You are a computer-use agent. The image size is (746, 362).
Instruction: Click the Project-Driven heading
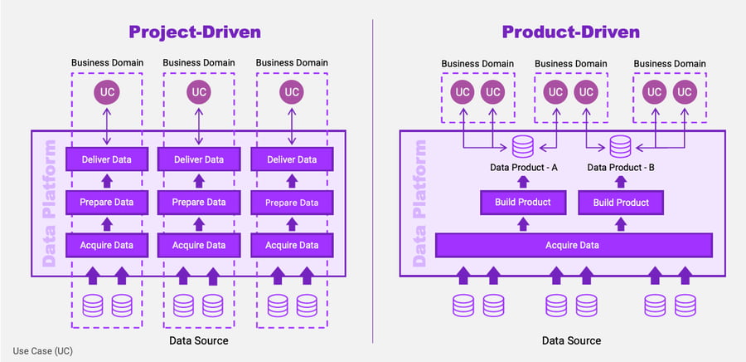click(195, 32)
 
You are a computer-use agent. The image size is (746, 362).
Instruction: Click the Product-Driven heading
click(570, 32)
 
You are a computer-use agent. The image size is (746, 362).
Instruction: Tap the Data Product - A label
click(523, 168)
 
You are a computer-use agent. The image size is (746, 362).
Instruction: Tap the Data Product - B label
click(621, 168)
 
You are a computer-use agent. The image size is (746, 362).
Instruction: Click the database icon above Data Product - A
click(522, 147)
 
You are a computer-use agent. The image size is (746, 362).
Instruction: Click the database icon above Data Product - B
click(620, 147)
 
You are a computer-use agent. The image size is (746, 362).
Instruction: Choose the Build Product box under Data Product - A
click(523, 203)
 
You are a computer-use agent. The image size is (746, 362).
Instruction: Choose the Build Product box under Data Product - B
click(621, 203)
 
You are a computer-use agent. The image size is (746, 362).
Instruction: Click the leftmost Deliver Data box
click(105, 159)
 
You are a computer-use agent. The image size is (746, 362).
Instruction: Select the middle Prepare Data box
click(199, 202)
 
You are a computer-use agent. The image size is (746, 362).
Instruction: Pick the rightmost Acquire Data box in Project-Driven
click(291, 245)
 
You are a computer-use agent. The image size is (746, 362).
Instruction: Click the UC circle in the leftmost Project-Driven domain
click(105, 92)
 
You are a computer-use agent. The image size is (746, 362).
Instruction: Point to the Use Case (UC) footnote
click(43, 351)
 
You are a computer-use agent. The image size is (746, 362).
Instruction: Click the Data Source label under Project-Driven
click(199, 340)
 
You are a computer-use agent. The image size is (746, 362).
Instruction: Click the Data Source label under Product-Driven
click(571, 340)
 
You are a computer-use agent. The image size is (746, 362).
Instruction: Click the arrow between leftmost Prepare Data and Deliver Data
click(105, 180)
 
